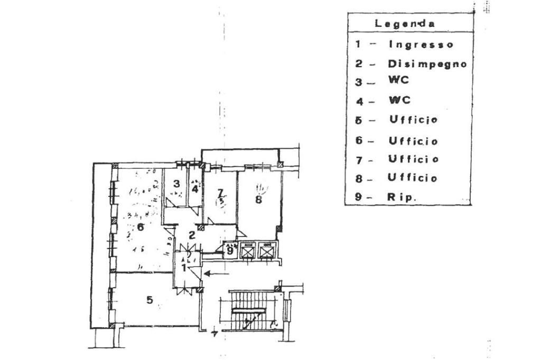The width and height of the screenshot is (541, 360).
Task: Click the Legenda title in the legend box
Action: [x=405, y=24]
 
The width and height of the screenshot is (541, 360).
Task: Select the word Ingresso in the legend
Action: [x=421, y=44]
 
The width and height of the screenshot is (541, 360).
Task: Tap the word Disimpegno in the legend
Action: [x=427, y=64]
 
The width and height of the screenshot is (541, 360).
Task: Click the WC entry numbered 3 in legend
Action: [x=400, y=81]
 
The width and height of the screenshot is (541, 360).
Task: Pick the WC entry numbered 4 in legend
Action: [x=400, y=100]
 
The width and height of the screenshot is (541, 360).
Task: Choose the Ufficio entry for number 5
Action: [x=414, y=120]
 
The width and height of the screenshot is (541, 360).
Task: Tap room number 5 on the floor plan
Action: [x=150, y=300]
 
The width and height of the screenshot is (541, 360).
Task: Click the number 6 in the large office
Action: [x=140, y=228]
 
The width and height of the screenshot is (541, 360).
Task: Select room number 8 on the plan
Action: [x=258, y=200]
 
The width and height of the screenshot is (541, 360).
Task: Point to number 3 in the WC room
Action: [x=177, y=184]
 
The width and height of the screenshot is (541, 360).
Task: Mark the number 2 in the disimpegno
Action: [x=193, y=235]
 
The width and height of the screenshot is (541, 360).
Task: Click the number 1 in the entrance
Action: [x=184, y=268]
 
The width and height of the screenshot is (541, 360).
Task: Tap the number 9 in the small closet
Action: [x=230, y=251]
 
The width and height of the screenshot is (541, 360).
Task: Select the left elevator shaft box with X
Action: [x=248, y=251]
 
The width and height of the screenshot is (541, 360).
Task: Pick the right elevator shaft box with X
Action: [x=267, y=251]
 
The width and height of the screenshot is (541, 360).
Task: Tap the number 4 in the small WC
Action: [x=195, y=187]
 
